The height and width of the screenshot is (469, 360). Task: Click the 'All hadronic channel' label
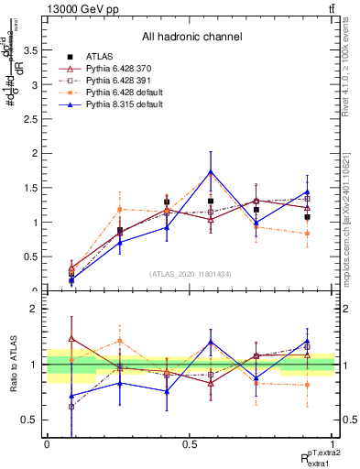[191, 37]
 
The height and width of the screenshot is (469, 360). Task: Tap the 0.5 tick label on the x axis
[191, 443]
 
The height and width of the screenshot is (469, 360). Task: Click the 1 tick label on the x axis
[334, 443]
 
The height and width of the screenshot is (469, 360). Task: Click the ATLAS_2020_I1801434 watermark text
[190, 274]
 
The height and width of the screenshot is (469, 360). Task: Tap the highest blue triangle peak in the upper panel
[211, 171]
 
